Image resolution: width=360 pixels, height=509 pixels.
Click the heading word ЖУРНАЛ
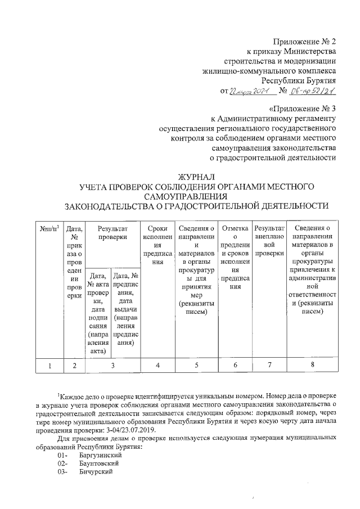click(x=196, y=178)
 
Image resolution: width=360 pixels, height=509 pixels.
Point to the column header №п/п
click(x=49, y=228)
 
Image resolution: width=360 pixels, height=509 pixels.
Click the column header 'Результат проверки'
click(x=110, y=233)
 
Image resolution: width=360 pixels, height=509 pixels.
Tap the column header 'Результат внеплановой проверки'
click(x=270, y=241)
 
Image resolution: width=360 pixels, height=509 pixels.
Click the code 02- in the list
click(x=62, y=463)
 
